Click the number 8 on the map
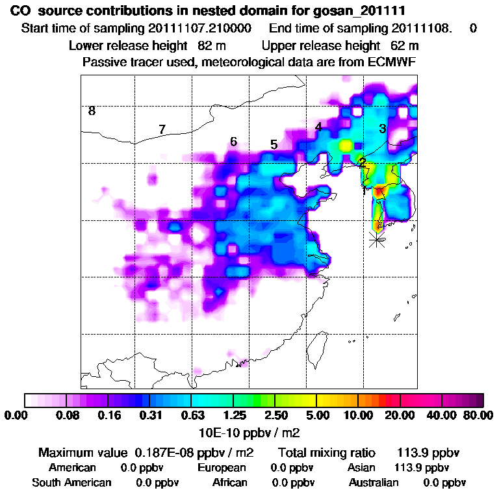tap(92, 111)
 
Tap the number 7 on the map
tap(162, 130)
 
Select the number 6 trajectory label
tap(233, 142)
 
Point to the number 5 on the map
tap(274, 144)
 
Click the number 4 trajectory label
tap(318, 127)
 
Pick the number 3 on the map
tap(383, 129)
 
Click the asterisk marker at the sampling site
tap(376, 240)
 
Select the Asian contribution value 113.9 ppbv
tap(421, 468)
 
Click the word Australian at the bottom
tap(374, 483)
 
